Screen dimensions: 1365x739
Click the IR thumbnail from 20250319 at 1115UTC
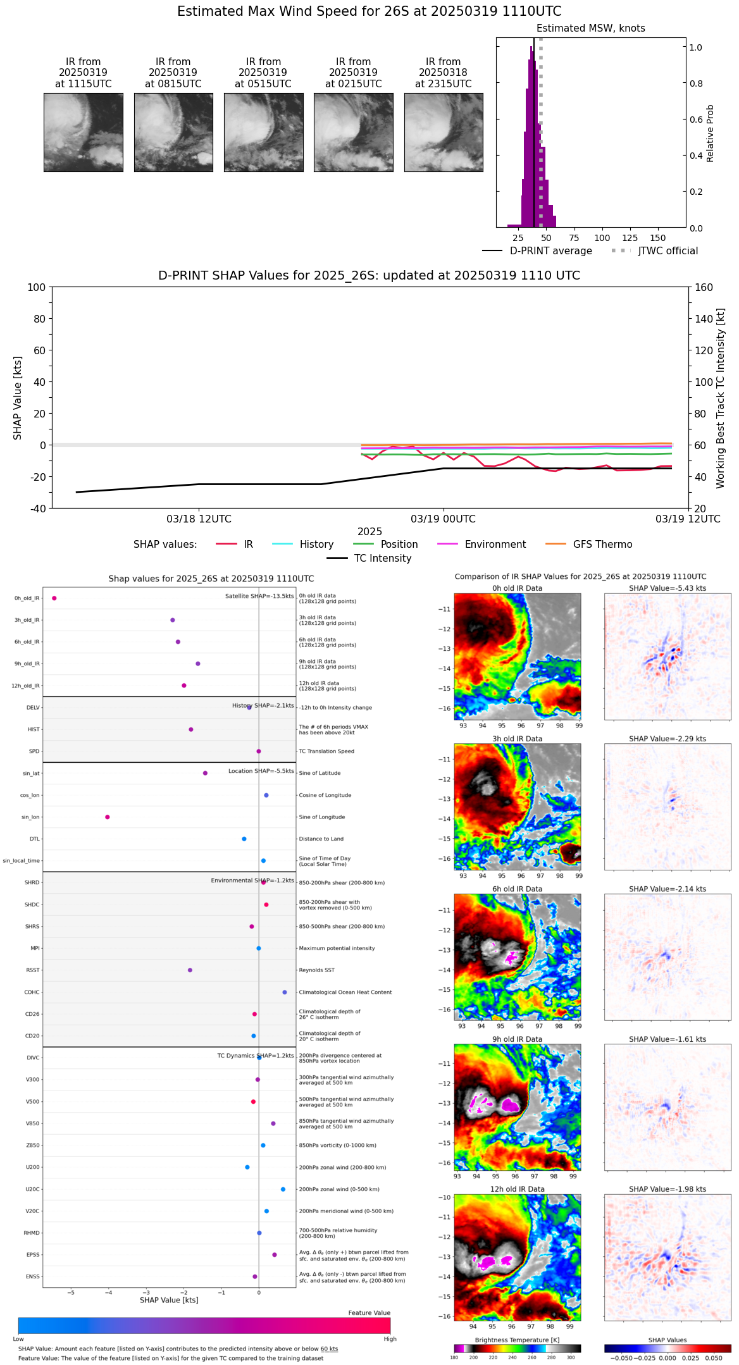[x=83, y=132]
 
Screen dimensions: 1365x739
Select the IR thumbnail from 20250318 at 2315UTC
[x=443, y=132]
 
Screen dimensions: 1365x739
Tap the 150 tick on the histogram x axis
[x=657, y=238]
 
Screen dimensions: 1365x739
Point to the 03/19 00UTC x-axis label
[x=443, y=519]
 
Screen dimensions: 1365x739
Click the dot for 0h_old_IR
[x=54, y=598]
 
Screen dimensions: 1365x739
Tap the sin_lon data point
[x=108, y=817]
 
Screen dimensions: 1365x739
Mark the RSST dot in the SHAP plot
[x=190, y=970]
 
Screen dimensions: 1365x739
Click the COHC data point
[x=285, y=992]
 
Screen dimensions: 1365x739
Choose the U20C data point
[x=283, y=1189]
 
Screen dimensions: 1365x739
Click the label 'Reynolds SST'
[x=316, y=970]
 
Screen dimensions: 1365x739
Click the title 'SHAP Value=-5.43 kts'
[x=668, y=588]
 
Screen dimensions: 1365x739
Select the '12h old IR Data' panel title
[x=517, y=1189]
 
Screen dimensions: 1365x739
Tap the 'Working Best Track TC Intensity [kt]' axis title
[x=721, y=398]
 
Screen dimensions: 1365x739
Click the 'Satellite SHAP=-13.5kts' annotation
[x=259, y=596]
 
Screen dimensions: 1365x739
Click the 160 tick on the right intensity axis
[x=704, y=287]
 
